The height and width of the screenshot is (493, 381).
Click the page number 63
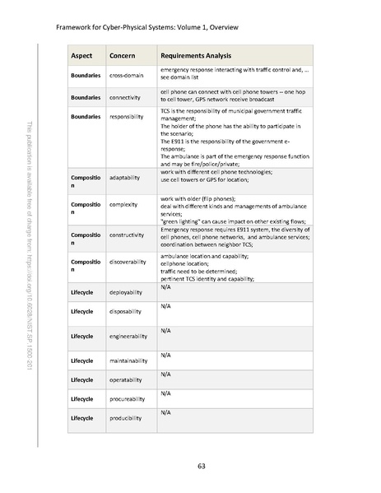click(x=201, y=467)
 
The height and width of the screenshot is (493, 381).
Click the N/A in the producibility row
click(x=165, y=412)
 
